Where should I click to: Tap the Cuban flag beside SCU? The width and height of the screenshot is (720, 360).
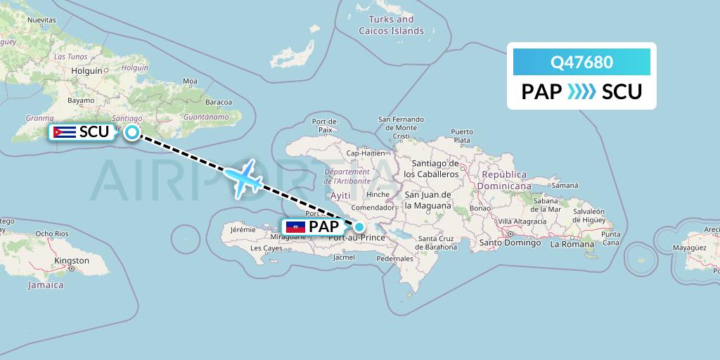65,131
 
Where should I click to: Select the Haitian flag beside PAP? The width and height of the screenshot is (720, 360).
295,226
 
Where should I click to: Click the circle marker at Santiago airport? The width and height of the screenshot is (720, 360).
131,131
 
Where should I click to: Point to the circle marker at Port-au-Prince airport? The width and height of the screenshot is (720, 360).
359,226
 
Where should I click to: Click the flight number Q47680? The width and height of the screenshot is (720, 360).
581,63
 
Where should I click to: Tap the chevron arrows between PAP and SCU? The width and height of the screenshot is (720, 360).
581,92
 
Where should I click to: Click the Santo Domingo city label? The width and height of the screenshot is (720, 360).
510,243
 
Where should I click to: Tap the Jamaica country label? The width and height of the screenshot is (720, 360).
46,285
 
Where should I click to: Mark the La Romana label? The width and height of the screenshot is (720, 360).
569,244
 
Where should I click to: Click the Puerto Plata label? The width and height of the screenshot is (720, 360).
462,136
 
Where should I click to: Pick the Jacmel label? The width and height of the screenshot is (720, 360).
344,257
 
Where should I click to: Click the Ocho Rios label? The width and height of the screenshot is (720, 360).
52,233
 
